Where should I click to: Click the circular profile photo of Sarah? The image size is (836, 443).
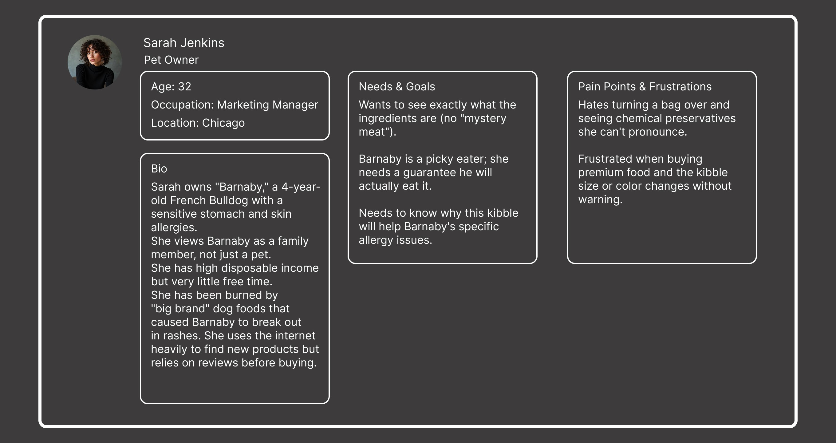pyautogui.click(x=95, y=62)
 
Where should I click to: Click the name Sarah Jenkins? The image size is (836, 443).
pyautogui.click(x=184, y=43)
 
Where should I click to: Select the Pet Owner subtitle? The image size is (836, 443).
pyautogui.click(x=171, y=60)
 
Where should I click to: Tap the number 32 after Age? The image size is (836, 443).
pyautogui.click(x=184, y=87)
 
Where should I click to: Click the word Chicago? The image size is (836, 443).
pyautogui.click(x=223, y=123)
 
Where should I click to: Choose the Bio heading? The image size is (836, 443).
pyautogui.click(x=159, y=169)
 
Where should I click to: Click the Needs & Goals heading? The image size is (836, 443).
pyautogui.click(x=396, y=87)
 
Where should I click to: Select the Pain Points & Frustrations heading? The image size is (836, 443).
pyautogui.click(x=645, y=87)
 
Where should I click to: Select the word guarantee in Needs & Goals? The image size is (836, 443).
pyautogui.click(x=425, y=173)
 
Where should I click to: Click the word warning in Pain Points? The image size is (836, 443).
pyautogui.click(x=600, y=200)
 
